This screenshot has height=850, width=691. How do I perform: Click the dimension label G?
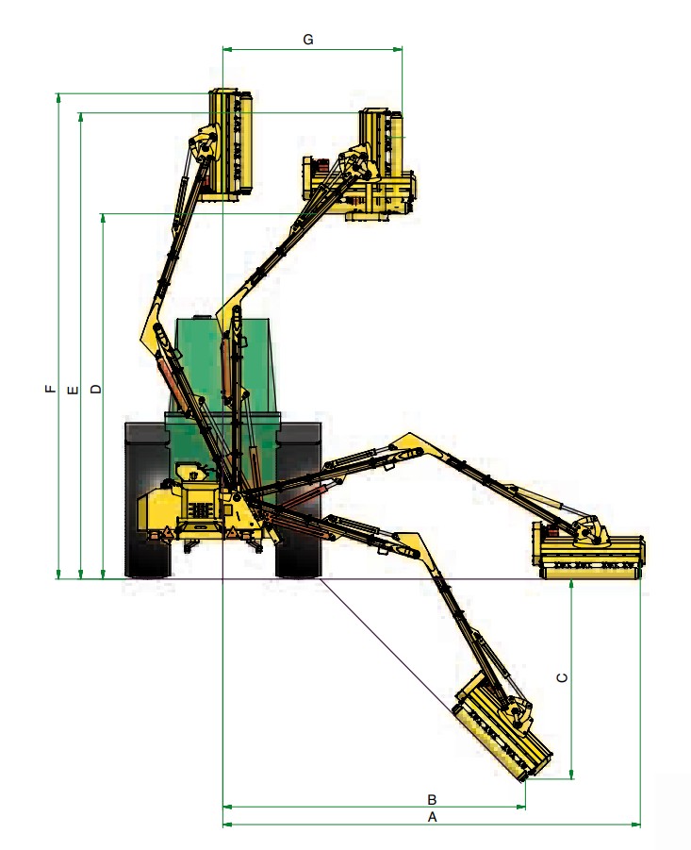tap(307, 39)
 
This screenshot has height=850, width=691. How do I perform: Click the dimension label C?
tap(561, 677)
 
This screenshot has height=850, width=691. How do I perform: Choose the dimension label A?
tap(433, 817)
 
